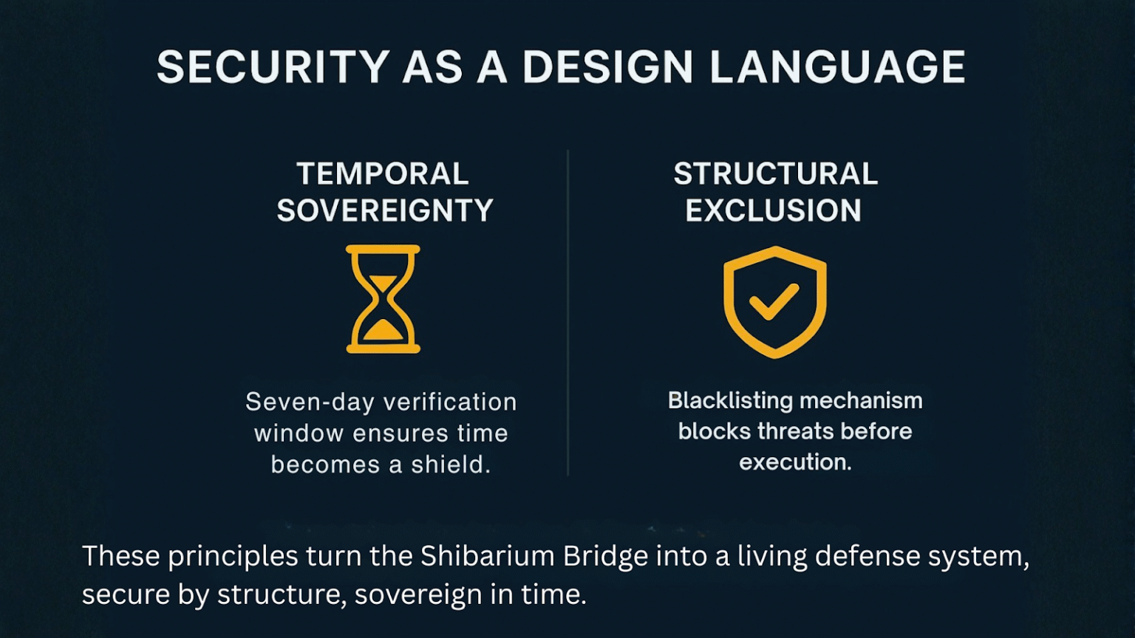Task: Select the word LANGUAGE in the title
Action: (837, 67)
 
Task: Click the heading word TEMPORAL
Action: (383, 174)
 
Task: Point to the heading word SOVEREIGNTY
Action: (385, 211)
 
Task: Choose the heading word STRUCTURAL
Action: (775, 174)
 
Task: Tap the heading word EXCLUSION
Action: (773, 211)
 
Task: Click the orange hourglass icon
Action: (383, 299)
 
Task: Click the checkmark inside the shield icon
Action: (774, 301)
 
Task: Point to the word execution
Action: (795, 462)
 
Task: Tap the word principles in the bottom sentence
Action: (233, 556)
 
